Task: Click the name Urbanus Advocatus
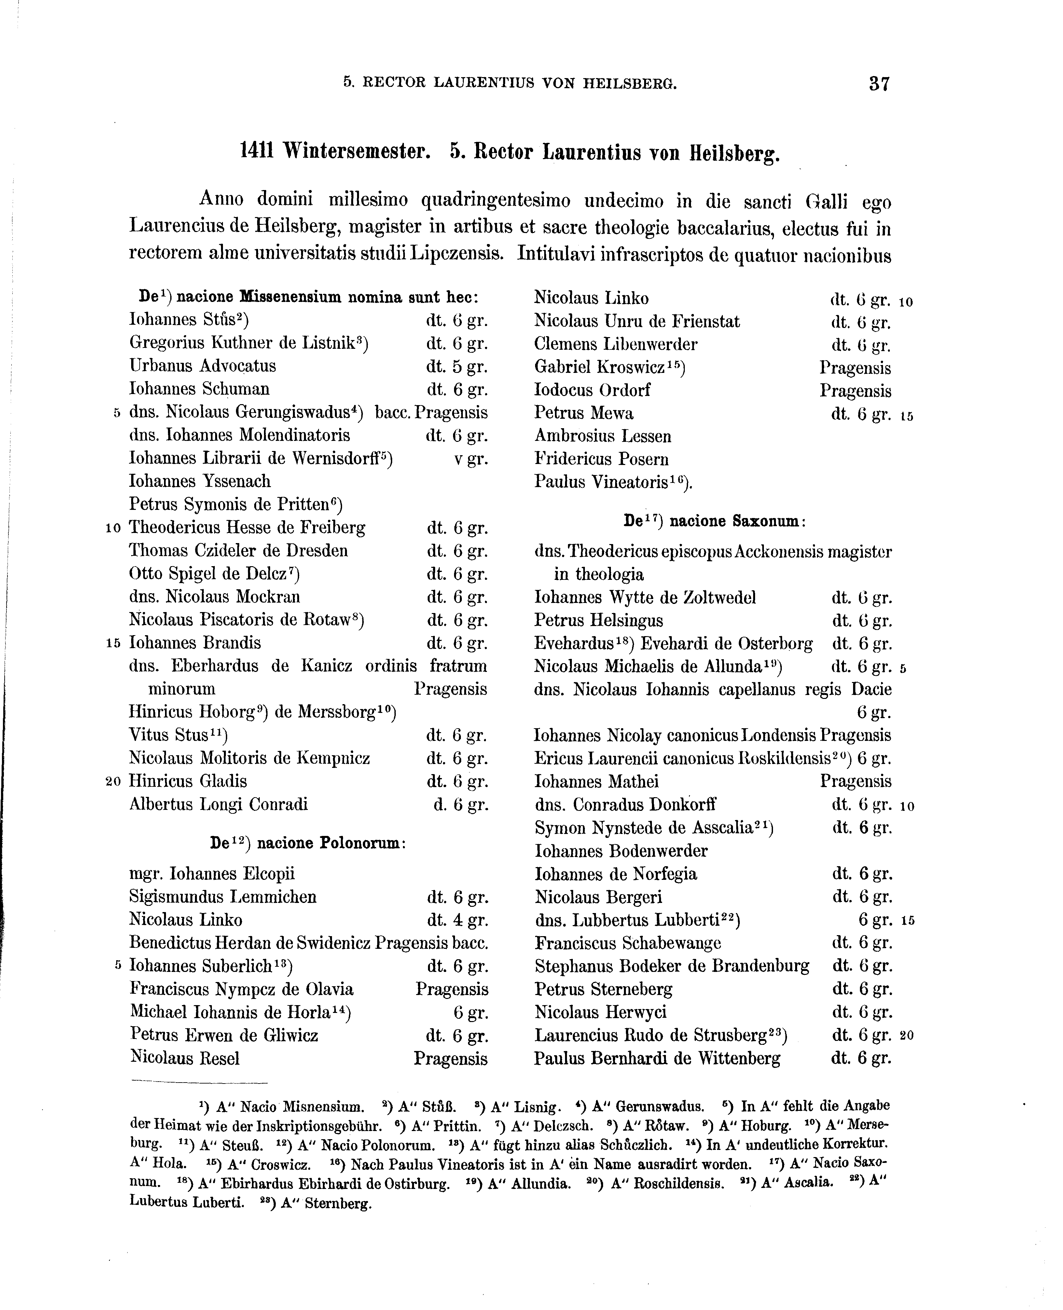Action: (x=203, y=366)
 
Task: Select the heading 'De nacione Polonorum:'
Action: (x=308, y=843)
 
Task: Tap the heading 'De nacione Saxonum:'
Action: (x=714, y=522)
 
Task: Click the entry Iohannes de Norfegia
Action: (x=615, y=874)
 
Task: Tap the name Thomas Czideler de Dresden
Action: (x=238, y=550)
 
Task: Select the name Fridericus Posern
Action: (x=601, y=459)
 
